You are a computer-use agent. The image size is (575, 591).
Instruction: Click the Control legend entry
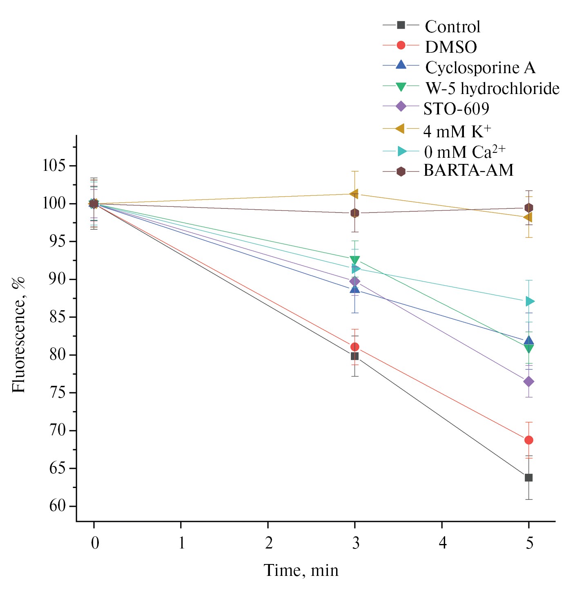tap(452, 27)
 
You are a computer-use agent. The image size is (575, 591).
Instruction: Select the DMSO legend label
tap(451, 47)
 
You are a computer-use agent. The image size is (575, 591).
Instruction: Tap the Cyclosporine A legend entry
tap(480, 68)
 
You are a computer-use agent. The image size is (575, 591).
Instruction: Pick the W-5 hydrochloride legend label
tap(492, 88)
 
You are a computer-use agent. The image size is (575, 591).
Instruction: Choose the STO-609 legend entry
tap(456, 109)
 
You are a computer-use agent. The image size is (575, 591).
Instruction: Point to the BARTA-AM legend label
tap(468, 170)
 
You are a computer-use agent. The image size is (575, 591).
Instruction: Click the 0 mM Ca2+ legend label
tap(464, 152)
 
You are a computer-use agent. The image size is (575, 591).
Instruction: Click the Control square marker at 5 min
tap(528, 477)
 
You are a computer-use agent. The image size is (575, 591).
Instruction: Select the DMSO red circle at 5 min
tap(528, 440)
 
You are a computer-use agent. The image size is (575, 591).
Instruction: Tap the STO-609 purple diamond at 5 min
tap(528, 381)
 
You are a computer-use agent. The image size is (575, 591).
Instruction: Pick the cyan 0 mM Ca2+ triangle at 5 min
tap(529, 302)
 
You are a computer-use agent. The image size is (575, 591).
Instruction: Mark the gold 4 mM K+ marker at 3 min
tap(354, 194)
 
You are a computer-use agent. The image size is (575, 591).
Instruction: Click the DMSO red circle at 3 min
tap(354, 347)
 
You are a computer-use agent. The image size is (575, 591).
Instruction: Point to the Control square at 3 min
tap(354, 356)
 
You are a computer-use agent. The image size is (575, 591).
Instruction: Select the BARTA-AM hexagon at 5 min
tap(528, 208)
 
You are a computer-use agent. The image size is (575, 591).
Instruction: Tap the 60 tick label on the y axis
tap(57, 506)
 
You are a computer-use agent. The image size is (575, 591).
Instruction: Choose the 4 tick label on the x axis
tap(442, 543)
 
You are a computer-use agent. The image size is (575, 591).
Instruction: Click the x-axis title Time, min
tap(301, 570)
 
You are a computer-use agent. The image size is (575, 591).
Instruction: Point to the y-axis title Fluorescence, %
tap(19, 335)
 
